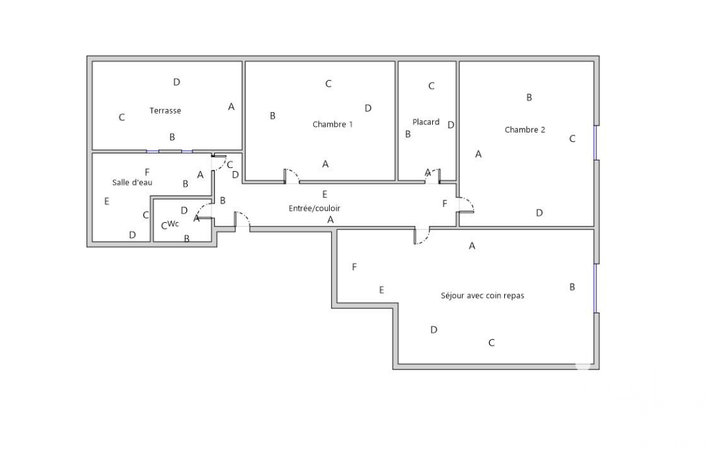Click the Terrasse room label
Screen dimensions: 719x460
click(x=165, y=110)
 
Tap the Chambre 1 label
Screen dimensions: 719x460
click(x=332, y=124)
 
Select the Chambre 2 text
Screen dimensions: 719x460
click(x=525, y=130)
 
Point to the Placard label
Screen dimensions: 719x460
click(x=426, y=122)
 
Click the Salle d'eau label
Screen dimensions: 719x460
click(x=132, y=182)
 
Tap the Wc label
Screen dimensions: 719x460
click(x=173, y=224)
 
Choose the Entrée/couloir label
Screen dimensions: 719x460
click(x=314, y=208)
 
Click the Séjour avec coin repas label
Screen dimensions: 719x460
click(x=482, y=296)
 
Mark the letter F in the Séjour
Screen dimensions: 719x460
click(x=354, y=267)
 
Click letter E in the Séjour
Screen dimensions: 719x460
click(x=381, y=290)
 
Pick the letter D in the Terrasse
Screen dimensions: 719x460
click(x=176, y=82)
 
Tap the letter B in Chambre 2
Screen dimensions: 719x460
click(x=529, y=97)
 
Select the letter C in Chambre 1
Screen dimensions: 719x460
click(x=328, y=83)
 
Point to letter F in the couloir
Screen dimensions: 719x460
click(x=444, y=204)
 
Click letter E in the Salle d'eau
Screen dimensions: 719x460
click(x=106, y=201)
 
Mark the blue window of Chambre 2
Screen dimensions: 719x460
click(x=595, y=143)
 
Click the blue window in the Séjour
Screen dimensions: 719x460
click(x=595, y=288)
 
